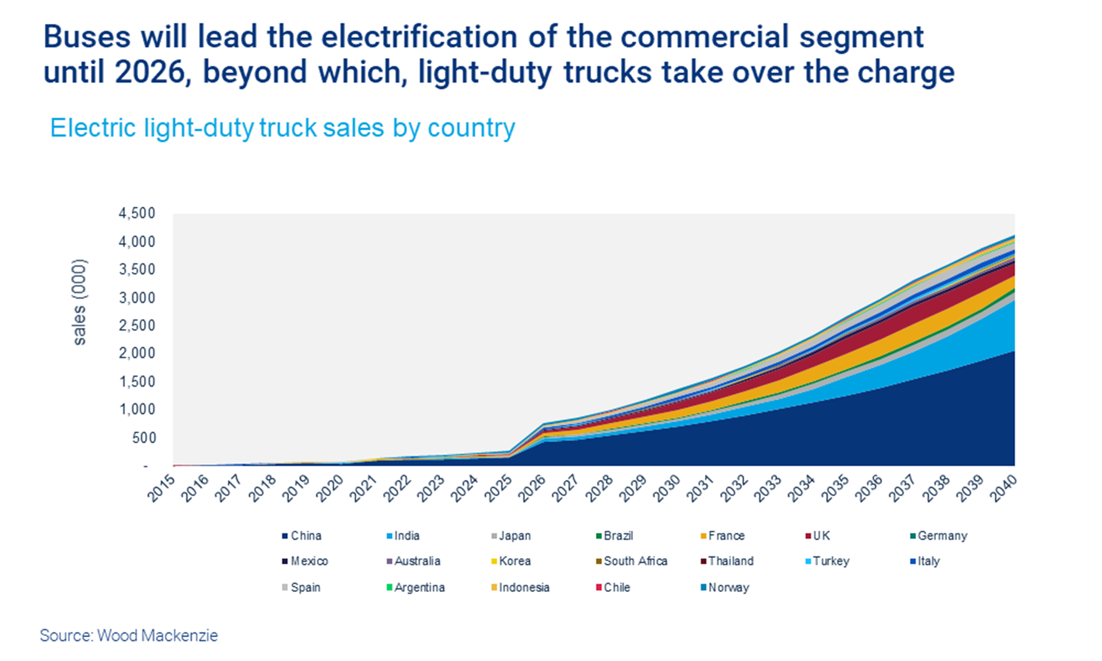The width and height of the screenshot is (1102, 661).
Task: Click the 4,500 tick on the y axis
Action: (137, 214)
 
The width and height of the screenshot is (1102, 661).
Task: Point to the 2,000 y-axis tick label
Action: (137, 353)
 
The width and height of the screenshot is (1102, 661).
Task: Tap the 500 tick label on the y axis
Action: (144, 438)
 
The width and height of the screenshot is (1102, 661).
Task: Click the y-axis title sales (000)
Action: (80, 302)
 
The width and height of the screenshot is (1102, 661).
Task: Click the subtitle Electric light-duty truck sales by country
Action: (282, 128)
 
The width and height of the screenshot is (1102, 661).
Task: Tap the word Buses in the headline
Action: (87, 37)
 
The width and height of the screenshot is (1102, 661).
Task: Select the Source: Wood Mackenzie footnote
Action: (129, 635)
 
